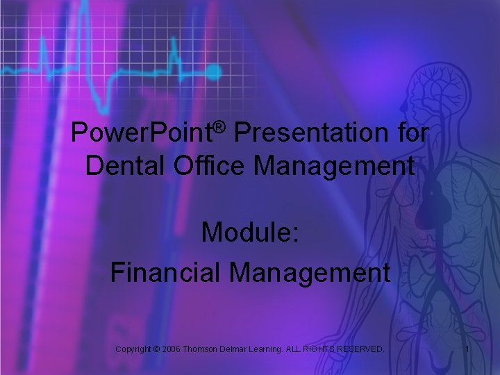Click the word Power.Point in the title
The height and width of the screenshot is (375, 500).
pos(141,133)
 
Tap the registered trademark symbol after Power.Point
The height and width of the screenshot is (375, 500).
pos(220,126)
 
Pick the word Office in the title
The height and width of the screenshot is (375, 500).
pos(208,167)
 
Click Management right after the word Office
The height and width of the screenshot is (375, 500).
pos(332,167)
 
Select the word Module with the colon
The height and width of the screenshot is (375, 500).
pos(250,233)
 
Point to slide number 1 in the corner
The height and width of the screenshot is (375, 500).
pos(467,349)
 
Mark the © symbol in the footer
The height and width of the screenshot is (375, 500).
pos(156,349)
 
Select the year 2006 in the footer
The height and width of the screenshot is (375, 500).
pos(172,349)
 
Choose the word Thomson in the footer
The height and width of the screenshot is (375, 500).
pos(202,349)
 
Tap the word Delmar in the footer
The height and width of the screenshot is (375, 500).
pos(237,349)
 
